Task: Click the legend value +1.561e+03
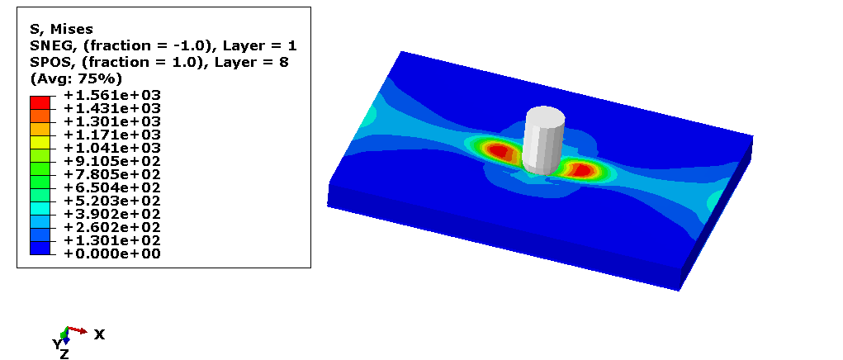tap(111, 95)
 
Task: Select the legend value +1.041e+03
tap(111, 148)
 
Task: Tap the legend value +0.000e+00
tap(111, 253)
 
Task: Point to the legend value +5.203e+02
tap(111, 201)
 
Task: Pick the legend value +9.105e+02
tap(111, 161)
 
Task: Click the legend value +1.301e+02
tap(111, 240)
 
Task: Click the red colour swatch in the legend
tap(40, 102)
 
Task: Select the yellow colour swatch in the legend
tap(40, 142)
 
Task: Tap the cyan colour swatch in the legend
tap(40, 207)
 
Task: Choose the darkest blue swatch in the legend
tap(40, 247)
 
